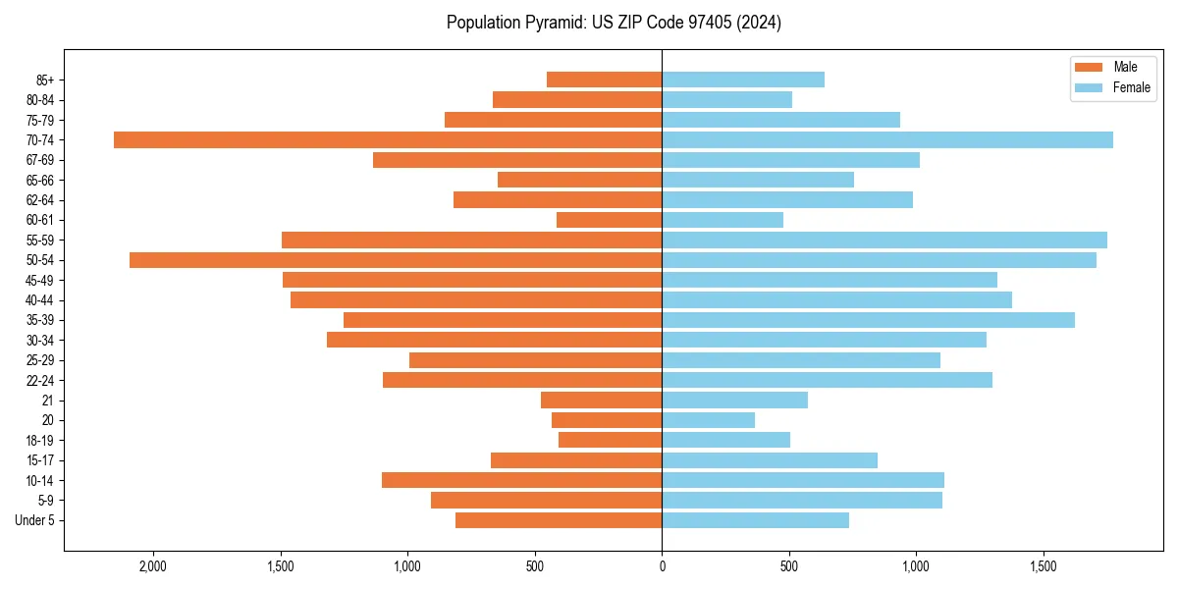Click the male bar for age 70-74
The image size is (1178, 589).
point(388,140)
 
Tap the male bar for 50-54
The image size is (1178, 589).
point(396,260)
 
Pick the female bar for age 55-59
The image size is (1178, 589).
point(884,240)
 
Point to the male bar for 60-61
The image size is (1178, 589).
point(609,220)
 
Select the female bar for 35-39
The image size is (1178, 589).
point(868,320)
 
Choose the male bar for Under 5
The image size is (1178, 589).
point(559,520)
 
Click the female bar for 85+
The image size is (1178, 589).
point(743,80)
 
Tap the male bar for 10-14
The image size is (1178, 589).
point(521,480)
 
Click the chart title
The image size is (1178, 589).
point(614,23)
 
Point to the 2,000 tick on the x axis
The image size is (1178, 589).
point(153,566)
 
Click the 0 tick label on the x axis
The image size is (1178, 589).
point(662,566)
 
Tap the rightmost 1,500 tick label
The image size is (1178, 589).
point(1044,566)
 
